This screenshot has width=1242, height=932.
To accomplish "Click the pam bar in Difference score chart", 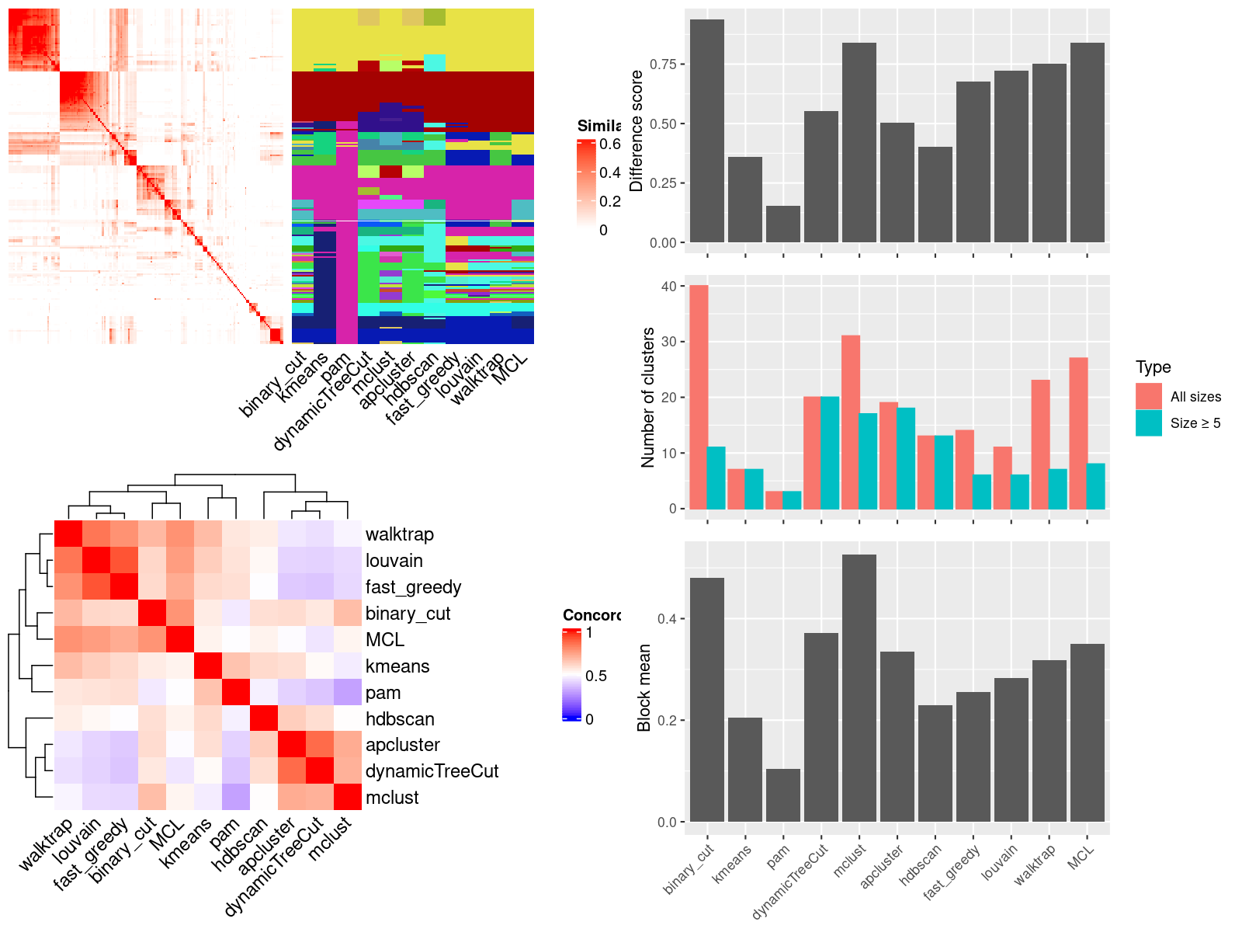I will [x=782, y=224].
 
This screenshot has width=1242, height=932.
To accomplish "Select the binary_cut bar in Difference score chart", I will [x=706, y=131].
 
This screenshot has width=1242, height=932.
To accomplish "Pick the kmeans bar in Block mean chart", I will [x=744, y=770].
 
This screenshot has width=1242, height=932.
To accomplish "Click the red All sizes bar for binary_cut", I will [x=699, y=397].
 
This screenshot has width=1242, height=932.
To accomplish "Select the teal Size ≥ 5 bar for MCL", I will [x=1095, y=486].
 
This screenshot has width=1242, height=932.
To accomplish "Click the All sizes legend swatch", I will [x=1149, y=396].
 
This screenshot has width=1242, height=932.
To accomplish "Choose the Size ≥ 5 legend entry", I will [x=1195, y=423].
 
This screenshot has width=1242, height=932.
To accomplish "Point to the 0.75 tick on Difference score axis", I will [x=663, y=64].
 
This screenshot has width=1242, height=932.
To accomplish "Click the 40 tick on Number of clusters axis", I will [x=668, y=286].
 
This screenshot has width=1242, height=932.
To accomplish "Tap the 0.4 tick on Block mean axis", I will [x=667, y=619].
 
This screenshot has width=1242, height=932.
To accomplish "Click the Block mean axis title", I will [x=644, y=688].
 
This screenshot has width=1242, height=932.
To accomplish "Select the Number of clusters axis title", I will [x=647, y=397].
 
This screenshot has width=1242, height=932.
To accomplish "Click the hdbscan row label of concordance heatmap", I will [x=400, y=719].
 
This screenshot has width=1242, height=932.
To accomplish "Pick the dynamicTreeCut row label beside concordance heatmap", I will [x=432, y=771].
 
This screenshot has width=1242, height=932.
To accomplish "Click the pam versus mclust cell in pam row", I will [x=348, y=692].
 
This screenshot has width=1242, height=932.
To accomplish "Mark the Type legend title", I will [x=1153, y=367].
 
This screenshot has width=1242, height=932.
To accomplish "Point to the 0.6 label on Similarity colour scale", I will [x=610, y=144].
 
